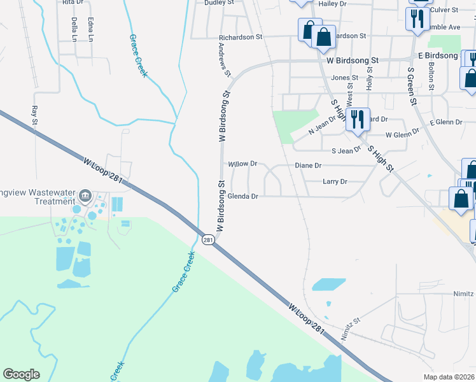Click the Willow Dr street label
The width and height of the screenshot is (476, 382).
pos(242,164)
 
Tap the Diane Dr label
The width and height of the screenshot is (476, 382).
pos(308,166)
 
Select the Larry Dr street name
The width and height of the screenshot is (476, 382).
pos(335,181)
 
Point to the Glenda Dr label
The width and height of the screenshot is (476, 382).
pos(242,197)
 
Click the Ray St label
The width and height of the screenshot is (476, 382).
pos(34,115)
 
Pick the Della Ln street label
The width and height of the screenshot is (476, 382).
pos(74,29)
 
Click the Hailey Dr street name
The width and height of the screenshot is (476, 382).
pos(332,4)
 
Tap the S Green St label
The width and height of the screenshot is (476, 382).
pos(411,87)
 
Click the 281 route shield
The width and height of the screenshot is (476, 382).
pos(208,239)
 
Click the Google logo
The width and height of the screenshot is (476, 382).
pos(21,374)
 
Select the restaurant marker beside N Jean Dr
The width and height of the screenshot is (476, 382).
pos(357,119)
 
